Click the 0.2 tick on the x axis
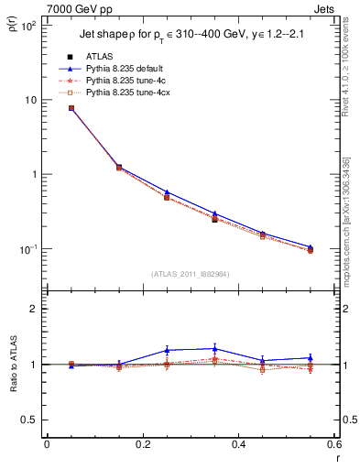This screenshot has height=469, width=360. [142, 446]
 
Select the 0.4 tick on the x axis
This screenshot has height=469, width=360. [238, 446]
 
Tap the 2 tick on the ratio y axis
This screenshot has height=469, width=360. [32, 310]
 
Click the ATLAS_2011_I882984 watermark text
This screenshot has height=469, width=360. [190, 274]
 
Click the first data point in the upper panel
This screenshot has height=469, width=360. [71, 108]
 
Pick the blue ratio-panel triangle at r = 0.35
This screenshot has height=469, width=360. [214, 348]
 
